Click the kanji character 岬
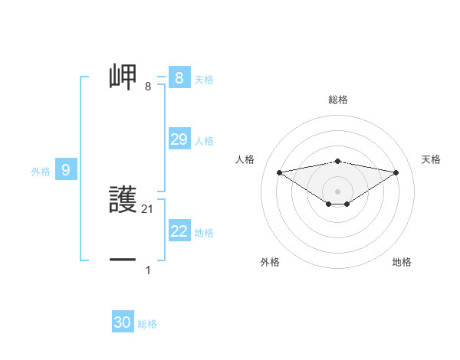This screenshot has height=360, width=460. point(124,77)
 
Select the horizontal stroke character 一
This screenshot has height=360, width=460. point(124,260)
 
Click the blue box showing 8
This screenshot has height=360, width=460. point(179,78)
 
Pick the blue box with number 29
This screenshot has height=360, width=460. point(179,139)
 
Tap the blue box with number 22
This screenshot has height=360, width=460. point(179,231)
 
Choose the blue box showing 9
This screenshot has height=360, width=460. point(66,170)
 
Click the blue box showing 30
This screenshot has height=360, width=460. point(123,322)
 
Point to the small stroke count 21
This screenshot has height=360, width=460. point(148,208)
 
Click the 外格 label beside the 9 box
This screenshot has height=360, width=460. point(41,172)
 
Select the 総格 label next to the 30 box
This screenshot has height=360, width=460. point(147,324)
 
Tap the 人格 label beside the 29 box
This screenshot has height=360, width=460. point(204,141)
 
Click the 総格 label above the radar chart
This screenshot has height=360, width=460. point(338,100)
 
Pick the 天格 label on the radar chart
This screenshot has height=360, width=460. point(432,159)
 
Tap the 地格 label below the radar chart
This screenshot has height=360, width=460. point(402,262)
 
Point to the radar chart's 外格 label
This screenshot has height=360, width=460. point(270,262)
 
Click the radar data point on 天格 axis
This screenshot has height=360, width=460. point(396,172)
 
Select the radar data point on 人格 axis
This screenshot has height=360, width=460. point(279,172)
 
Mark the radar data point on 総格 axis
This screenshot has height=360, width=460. point(337,161)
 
